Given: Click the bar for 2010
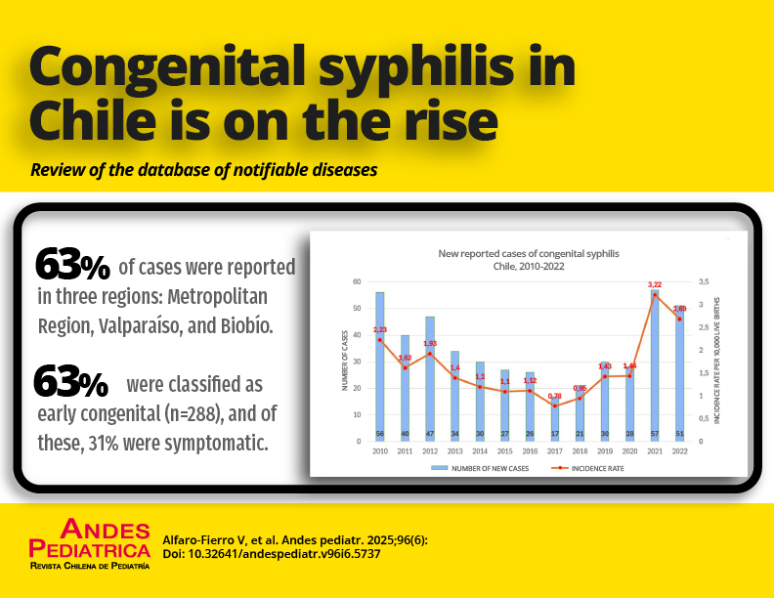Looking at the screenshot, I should coord(379,366).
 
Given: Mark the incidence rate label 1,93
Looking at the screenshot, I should coord(430,344).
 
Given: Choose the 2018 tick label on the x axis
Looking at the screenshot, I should coord(580,450).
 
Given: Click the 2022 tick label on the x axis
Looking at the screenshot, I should coord(680,450).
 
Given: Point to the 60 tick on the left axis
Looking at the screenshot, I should coord(356,281).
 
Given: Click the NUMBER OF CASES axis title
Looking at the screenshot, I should coord(344,362).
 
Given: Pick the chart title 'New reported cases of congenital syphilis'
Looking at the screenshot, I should coord(528,253).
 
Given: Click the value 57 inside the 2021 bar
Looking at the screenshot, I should coord(655,433).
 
